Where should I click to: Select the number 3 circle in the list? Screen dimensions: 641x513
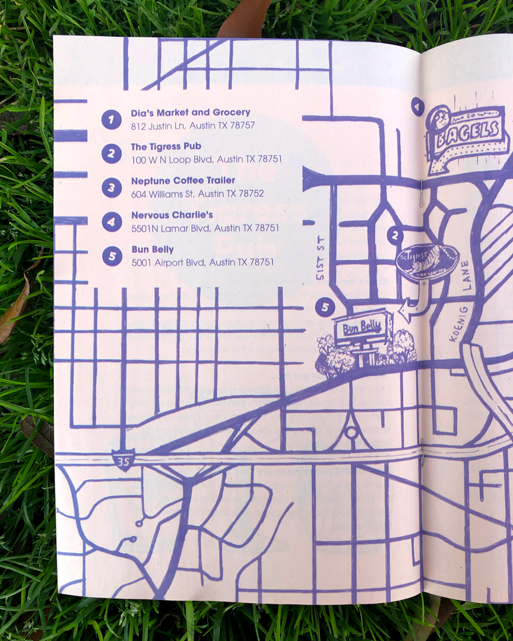111,188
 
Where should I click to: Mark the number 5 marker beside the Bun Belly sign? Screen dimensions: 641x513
325,307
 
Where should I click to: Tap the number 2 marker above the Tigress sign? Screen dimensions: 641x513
394,236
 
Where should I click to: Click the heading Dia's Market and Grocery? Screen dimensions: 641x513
191,113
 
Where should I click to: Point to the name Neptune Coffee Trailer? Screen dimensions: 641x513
183,180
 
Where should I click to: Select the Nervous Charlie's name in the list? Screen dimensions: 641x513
172,215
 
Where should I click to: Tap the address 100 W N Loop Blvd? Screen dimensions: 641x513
206,159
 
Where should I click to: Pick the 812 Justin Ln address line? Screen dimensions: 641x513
193,125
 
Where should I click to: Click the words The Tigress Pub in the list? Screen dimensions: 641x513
166,147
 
